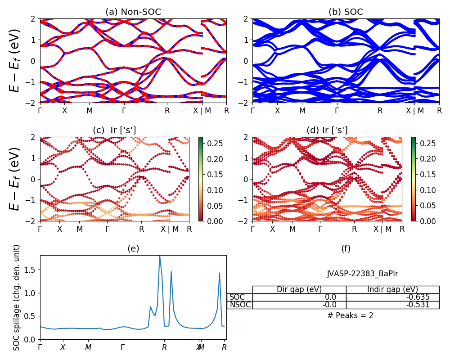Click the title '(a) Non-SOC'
tap(133, 12)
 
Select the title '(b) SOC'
tap(346, 12)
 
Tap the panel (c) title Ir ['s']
tap(114, 130)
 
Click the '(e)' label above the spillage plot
tap(133, 248)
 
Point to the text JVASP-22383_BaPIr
tap(362, 274)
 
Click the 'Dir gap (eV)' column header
tap(299, 289)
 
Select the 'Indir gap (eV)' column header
tap(392, 289)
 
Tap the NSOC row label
tap(240, 305)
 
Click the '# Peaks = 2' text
tap(350, 315)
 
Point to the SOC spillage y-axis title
tap(17, 297)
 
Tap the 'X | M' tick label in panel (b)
tap(414, 111)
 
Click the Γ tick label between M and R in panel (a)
tap(124, 111)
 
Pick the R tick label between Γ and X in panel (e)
tap(165, 347)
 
